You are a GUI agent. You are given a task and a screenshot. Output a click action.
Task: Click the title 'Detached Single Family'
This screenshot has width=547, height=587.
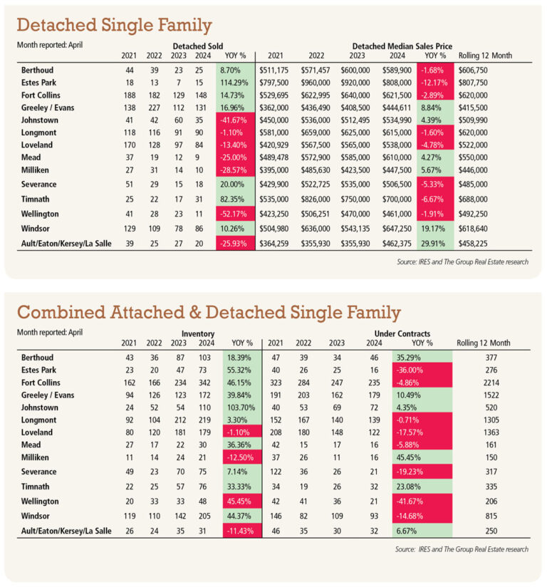(x=114, y=26)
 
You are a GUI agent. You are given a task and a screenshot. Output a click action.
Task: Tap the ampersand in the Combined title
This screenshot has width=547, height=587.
(x=194, y=313)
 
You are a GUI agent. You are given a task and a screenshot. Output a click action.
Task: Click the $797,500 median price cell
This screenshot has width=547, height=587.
(x=273, y=83)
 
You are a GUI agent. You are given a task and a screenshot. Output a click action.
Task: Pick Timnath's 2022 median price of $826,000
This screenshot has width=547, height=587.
(x=316, y=199)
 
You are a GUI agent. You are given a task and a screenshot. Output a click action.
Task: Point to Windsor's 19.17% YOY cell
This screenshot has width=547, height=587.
(x=433, y=229)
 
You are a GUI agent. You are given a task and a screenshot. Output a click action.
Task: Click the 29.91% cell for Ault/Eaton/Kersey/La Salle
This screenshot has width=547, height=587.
(x=433, y=244)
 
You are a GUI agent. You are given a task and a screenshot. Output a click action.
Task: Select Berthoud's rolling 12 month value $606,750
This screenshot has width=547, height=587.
(x=473, y=71)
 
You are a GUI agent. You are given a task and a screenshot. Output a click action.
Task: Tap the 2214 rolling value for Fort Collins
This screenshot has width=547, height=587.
(x=491, y=383)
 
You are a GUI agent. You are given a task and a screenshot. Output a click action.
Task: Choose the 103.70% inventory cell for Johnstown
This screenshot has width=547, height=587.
(x=241, y=407)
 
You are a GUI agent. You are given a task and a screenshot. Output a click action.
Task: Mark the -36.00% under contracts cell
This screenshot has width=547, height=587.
(x=422, y=370)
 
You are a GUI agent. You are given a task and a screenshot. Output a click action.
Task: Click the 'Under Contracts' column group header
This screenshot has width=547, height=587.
(x=402, y=333)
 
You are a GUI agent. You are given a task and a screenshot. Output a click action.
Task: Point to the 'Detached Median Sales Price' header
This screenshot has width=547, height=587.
(x=402, y=46)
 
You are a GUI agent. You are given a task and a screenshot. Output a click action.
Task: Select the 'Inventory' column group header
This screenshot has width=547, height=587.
(x=198, y=333)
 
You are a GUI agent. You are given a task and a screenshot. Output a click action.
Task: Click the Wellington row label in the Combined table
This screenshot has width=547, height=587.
(x=40, y=502)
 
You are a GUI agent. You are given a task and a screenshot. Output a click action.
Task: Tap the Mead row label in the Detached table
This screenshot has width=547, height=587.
(x=31, y=157)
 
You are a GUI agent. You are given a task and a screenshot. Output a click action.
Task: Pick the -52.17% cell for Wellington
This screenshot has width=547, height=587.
(x=235, y=214)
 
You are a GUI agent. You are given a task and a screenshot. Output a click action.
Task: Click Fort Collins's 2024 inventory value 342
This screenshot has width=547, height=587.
(x=204, y=383)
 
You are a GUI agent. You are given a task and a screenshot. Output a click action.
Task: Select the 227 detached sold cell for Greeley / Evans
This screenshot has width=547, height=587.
(x=154, y=108)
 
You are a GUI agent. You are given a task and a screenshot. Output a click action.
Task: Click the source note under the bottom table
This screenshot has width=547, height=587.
(x=462, y=549)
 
